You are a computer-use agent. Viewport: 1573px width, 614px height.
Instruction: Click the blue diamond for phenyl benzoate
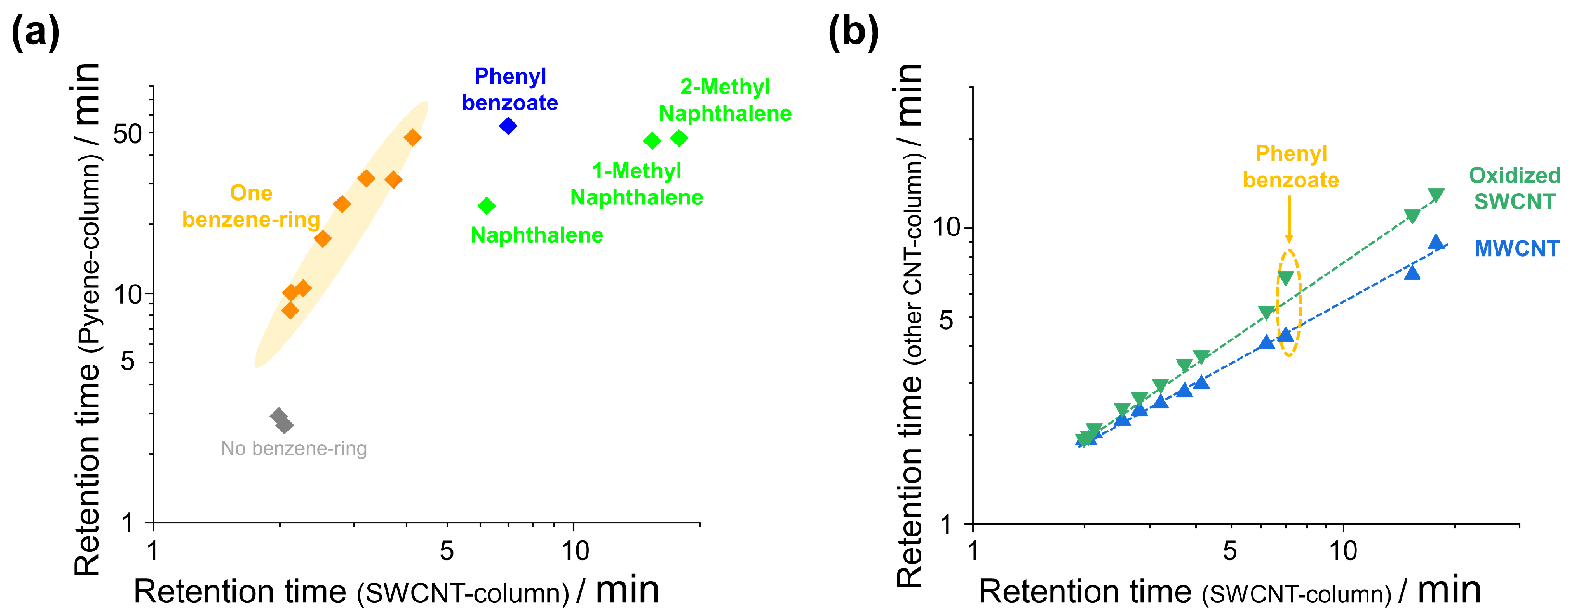[508, 126]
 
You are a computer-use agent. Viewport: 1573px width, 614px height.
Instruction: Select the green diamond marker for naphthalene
[486, 206]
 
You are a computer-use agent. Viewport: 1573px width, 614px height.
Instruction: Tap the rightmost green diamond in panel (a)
[679, 138]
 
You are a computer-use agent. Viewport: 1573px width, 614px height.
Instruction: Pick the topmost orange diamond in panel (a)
[413, 137]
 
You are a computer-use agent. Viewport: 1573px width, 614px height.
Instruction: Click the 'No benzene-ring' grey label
[294, 448]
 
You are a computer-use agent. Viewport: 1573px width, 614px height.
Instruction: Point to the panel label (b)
[853, 32]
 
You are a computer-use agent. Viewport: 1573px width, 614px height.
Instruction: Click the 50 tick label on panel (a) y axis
[128, 134]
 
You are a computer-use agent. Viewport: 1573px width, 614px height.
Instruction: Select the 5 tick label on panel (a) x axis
[447, 551]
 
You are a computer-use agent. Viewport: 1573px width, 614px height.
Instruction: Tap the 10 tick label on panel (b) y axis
[946, 227]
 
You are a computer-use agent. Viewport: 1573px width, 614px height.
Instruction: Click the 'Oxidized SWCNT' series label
[1514, 188]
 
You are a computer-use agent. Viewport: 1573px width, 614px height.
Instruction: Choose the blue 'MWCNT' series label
[1517, 248]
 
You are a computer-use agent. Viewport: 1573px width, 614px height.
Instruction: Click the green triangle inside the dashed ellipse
[1285, 278]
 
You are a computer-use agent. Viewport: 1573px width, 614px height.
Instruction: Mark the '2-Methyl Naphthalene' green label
[725, 100]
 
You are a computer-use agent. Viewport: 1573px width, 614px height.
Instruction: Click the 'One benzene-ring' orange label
[251, 206]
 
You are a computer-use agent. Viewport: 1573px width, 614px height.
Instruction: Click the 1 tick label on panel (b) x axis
[973, 551]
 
